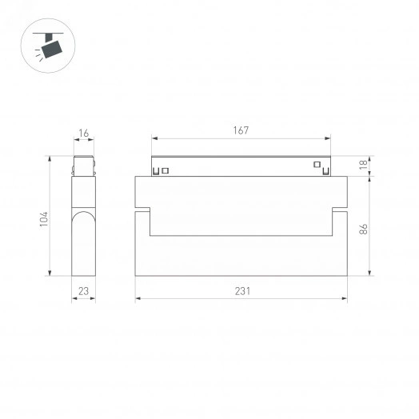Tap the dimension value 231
point(242,291)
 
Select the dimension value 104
point(44,217)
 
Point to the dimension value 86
point(363,228)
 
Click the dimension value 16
point(83,134)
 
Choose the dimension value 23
point(83,291)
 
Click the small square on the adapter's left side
point(166,170)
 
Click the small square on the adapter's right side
point(317,166)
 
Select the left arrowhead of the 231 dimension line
point(138,300)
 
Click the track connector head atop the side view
point(84,166)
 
